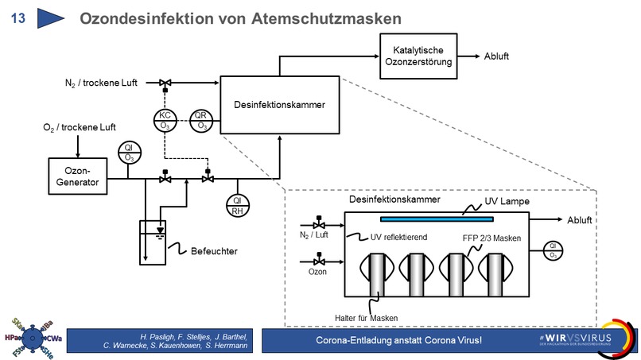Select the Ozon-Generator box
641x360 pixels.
(77, 176)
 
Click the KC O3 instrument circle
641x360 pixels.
(165, 120)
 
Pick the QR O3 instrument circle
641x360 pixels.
(202, 120)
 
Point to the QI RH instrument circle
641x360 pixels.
(237, 205)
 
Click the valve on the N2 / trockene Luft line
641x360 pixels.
(165, 83)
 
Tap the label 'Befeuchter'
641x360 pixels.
(214, 251)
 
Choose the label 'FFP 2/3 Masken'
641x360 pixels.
(492, 237)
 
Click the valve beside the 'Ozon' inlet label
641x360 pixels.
(318, 261)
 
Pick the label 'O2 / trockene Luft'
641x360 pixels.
(79, 127)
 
